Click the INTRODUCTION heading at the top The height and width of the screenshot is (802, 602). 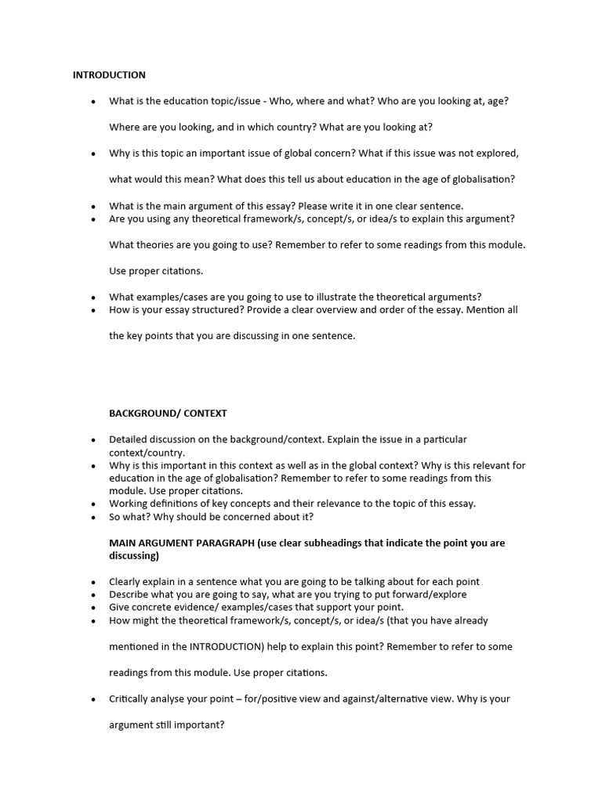click(x=109, y=75)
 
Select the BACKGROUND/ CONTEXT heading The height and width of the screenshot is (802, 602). click(x=168, y=413)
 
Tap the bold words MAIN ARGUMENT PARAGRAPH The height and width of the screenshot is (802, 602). click(x=182, y=543)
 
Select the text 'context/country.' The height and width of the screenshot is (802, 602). click(x=147, y=453)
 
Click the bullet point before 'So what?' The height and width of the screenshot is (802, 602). click(x=93, y=517)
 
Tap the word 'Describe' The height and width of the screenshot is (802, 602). click(x=130, y=594)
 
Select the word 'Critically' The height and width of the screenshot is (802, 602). click(x=132, y=699)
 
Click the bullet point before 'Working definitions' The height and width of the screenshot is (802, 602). click(x=93, y=504)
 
